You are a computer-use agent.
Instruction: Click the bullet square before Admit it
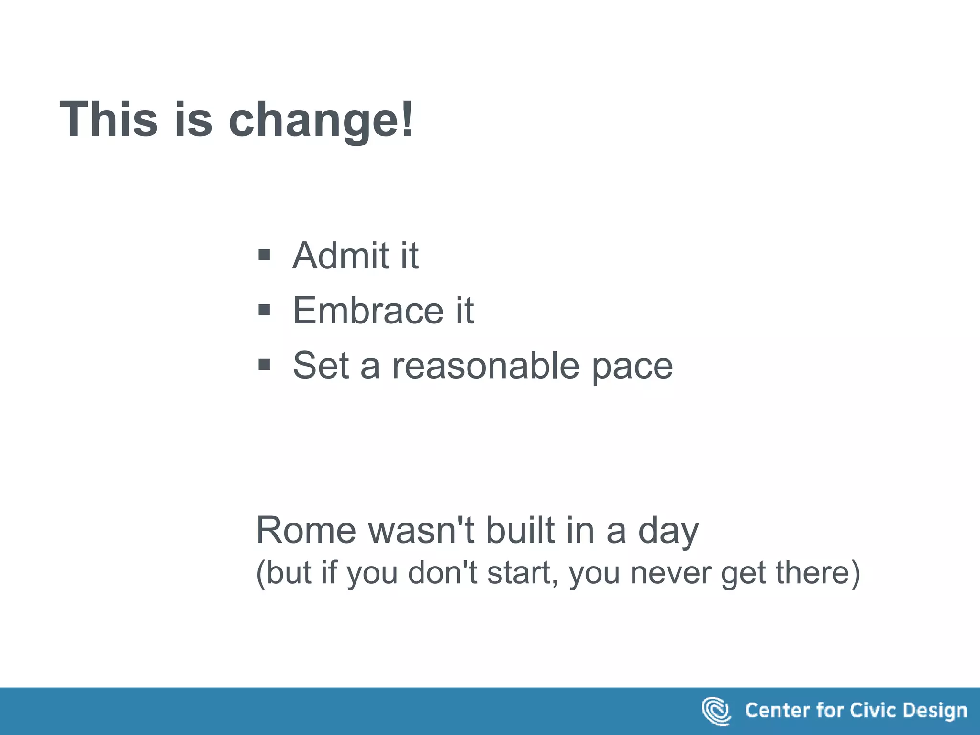click(x=264, y=255)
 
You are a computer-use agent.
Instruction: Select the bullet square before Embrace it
click(x=264, y=310)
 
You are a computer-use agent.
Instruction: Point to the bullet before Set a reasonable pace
click(x=264, y=365)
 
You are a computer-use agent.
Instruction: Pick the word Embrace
click(x=368, y=311)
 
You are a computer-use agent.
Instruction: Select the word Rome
click(x=306, y=530)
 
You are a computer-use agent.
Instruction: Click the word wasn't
click(x=421, y=530)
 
